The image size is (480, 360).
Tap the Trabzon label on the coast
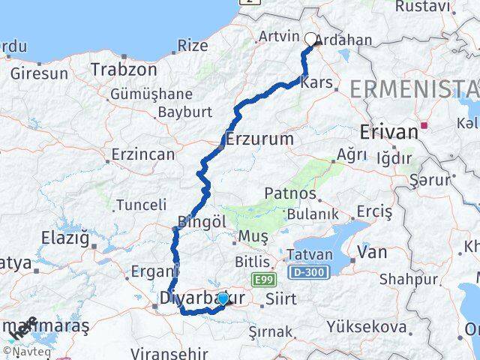(124, 69)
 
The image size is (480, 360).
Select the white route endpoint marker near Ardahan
(311, 39)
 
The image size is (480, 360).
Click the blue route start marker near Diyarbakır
(222, 298)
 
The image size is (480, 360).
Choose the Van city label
(372, 252)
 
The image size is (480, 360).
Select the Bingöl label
(199, 222)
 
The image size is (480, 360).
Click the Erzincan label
(142, 154)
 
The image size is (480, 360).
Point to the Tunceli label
(142, 205)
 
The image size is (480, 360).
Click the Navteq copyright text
(24, 350)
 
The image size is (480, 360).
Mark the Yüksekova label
(367, 327)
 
